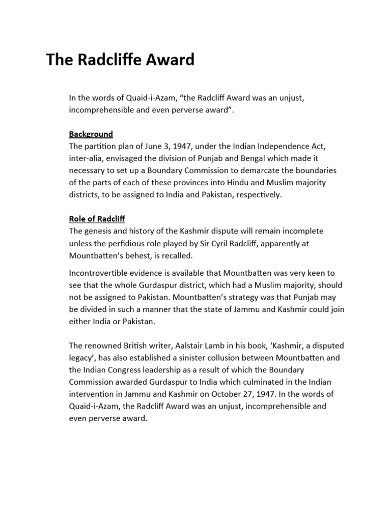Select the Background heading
(x=91, y=134)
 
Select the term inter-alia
(x=85, y=159)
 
